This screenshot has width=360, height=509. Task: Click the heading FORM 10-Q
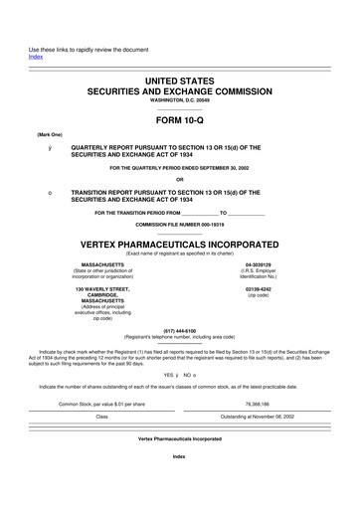pos(179,121)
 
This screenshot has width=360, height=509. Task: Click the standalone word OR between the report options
pos(179,180)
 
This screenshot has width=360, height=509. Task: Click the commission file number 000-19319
pos(206,226)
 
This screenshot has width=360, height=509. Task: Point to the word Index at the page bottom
pos(179,483)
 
